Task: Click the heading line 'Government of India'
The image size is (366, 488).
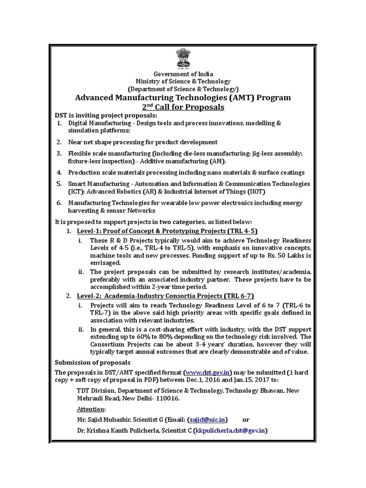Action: (183, 74)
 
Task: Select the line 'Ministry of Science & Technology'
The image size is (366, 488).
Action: (183, 81)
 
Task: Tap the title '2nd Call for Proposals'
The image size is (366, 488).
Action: (183, 107)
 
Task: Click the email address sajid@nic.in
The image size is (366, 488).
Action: (207, 419)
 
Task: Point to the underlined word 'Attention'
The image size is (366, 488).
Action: (91, 409)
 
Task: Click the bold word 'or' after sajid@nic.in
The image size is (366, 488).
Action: (246, 419)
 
